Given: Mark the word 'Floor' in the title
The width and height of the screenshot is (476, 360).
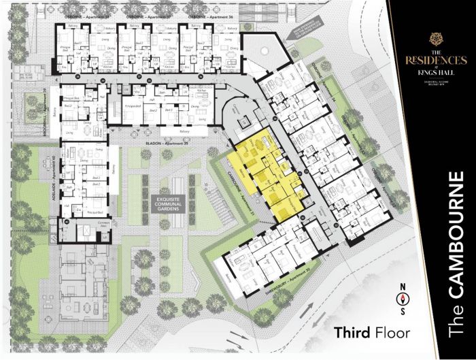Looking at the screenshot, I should pyautogui.click(x=394, y=333).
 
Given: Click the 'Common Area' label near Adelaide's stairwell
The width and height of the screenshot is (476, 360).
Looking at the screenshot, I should pyautogui.click(x=85, y=225).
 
